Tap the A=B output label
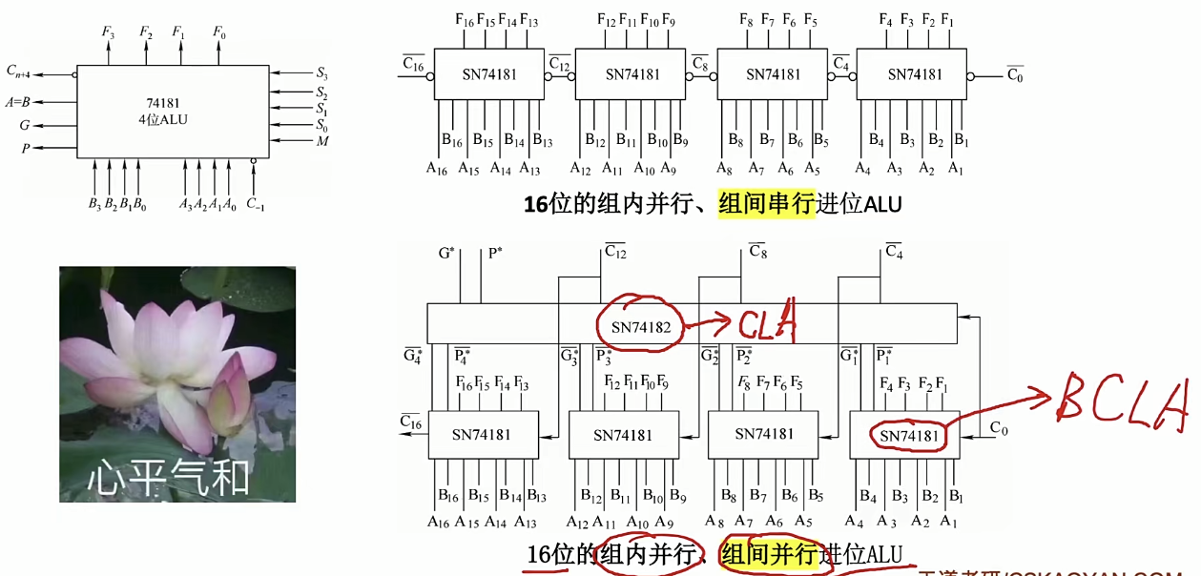(18, 101)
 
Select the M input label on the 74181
(322, 142)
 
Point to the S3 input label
(321, 72)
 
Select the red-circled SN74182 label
(640, 328)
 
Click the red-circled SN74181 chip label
(908, 437)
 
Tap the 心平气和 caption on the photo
(169, 477)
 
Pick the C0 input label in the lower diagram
(999, 428)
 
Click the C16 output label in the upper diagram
(413, 64)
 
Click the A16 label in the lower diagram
(438, 522)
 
